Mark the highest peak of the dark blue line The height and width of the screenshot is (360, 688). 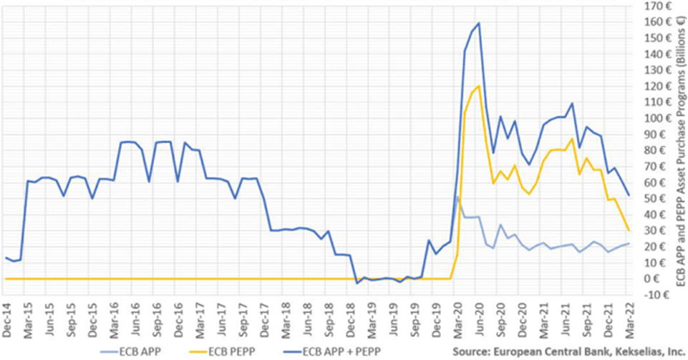click(x=478, y=23)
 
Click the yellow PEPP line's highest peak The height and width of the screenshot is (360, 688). click(x=478, y=86)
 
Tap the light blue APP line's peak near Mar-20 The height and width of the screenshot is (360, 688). click(x=457, y=197)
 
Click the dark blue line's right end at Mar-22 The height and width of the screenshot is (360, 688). click(x=629, y=195)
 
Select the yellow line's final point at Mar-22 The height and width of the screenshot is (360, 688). click(x=629, y=230)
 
